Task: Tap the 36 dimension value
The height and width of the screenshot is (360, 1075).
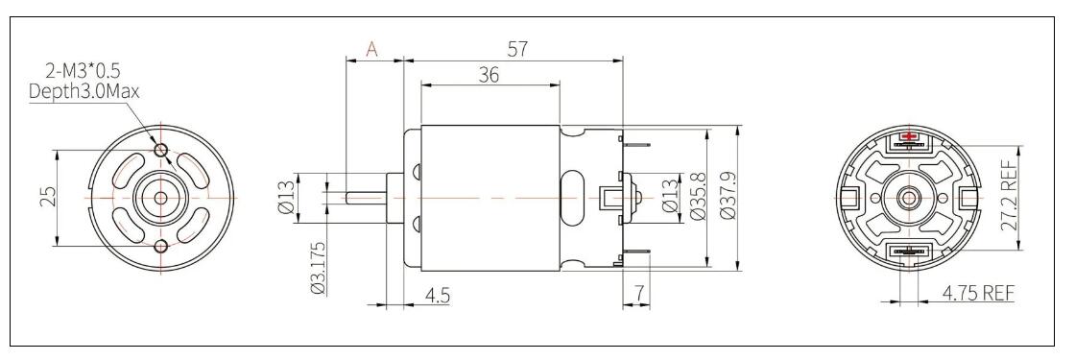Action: (x=489, y=76)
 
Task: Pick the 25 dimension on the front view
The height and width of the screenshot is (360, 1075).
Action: (x=49, y=196)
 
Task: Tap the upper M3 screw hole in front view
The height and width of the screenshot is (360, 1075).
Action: (x=160, y=150)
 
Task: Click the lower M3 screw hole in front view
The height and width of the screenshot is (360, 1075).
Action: (x=160, y=246)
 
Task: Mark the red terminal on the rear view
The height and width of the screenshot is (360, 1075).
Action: (x=907, y=140)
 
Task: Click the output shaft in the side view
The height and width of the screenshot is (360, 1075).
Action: (x=365, y=197)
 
